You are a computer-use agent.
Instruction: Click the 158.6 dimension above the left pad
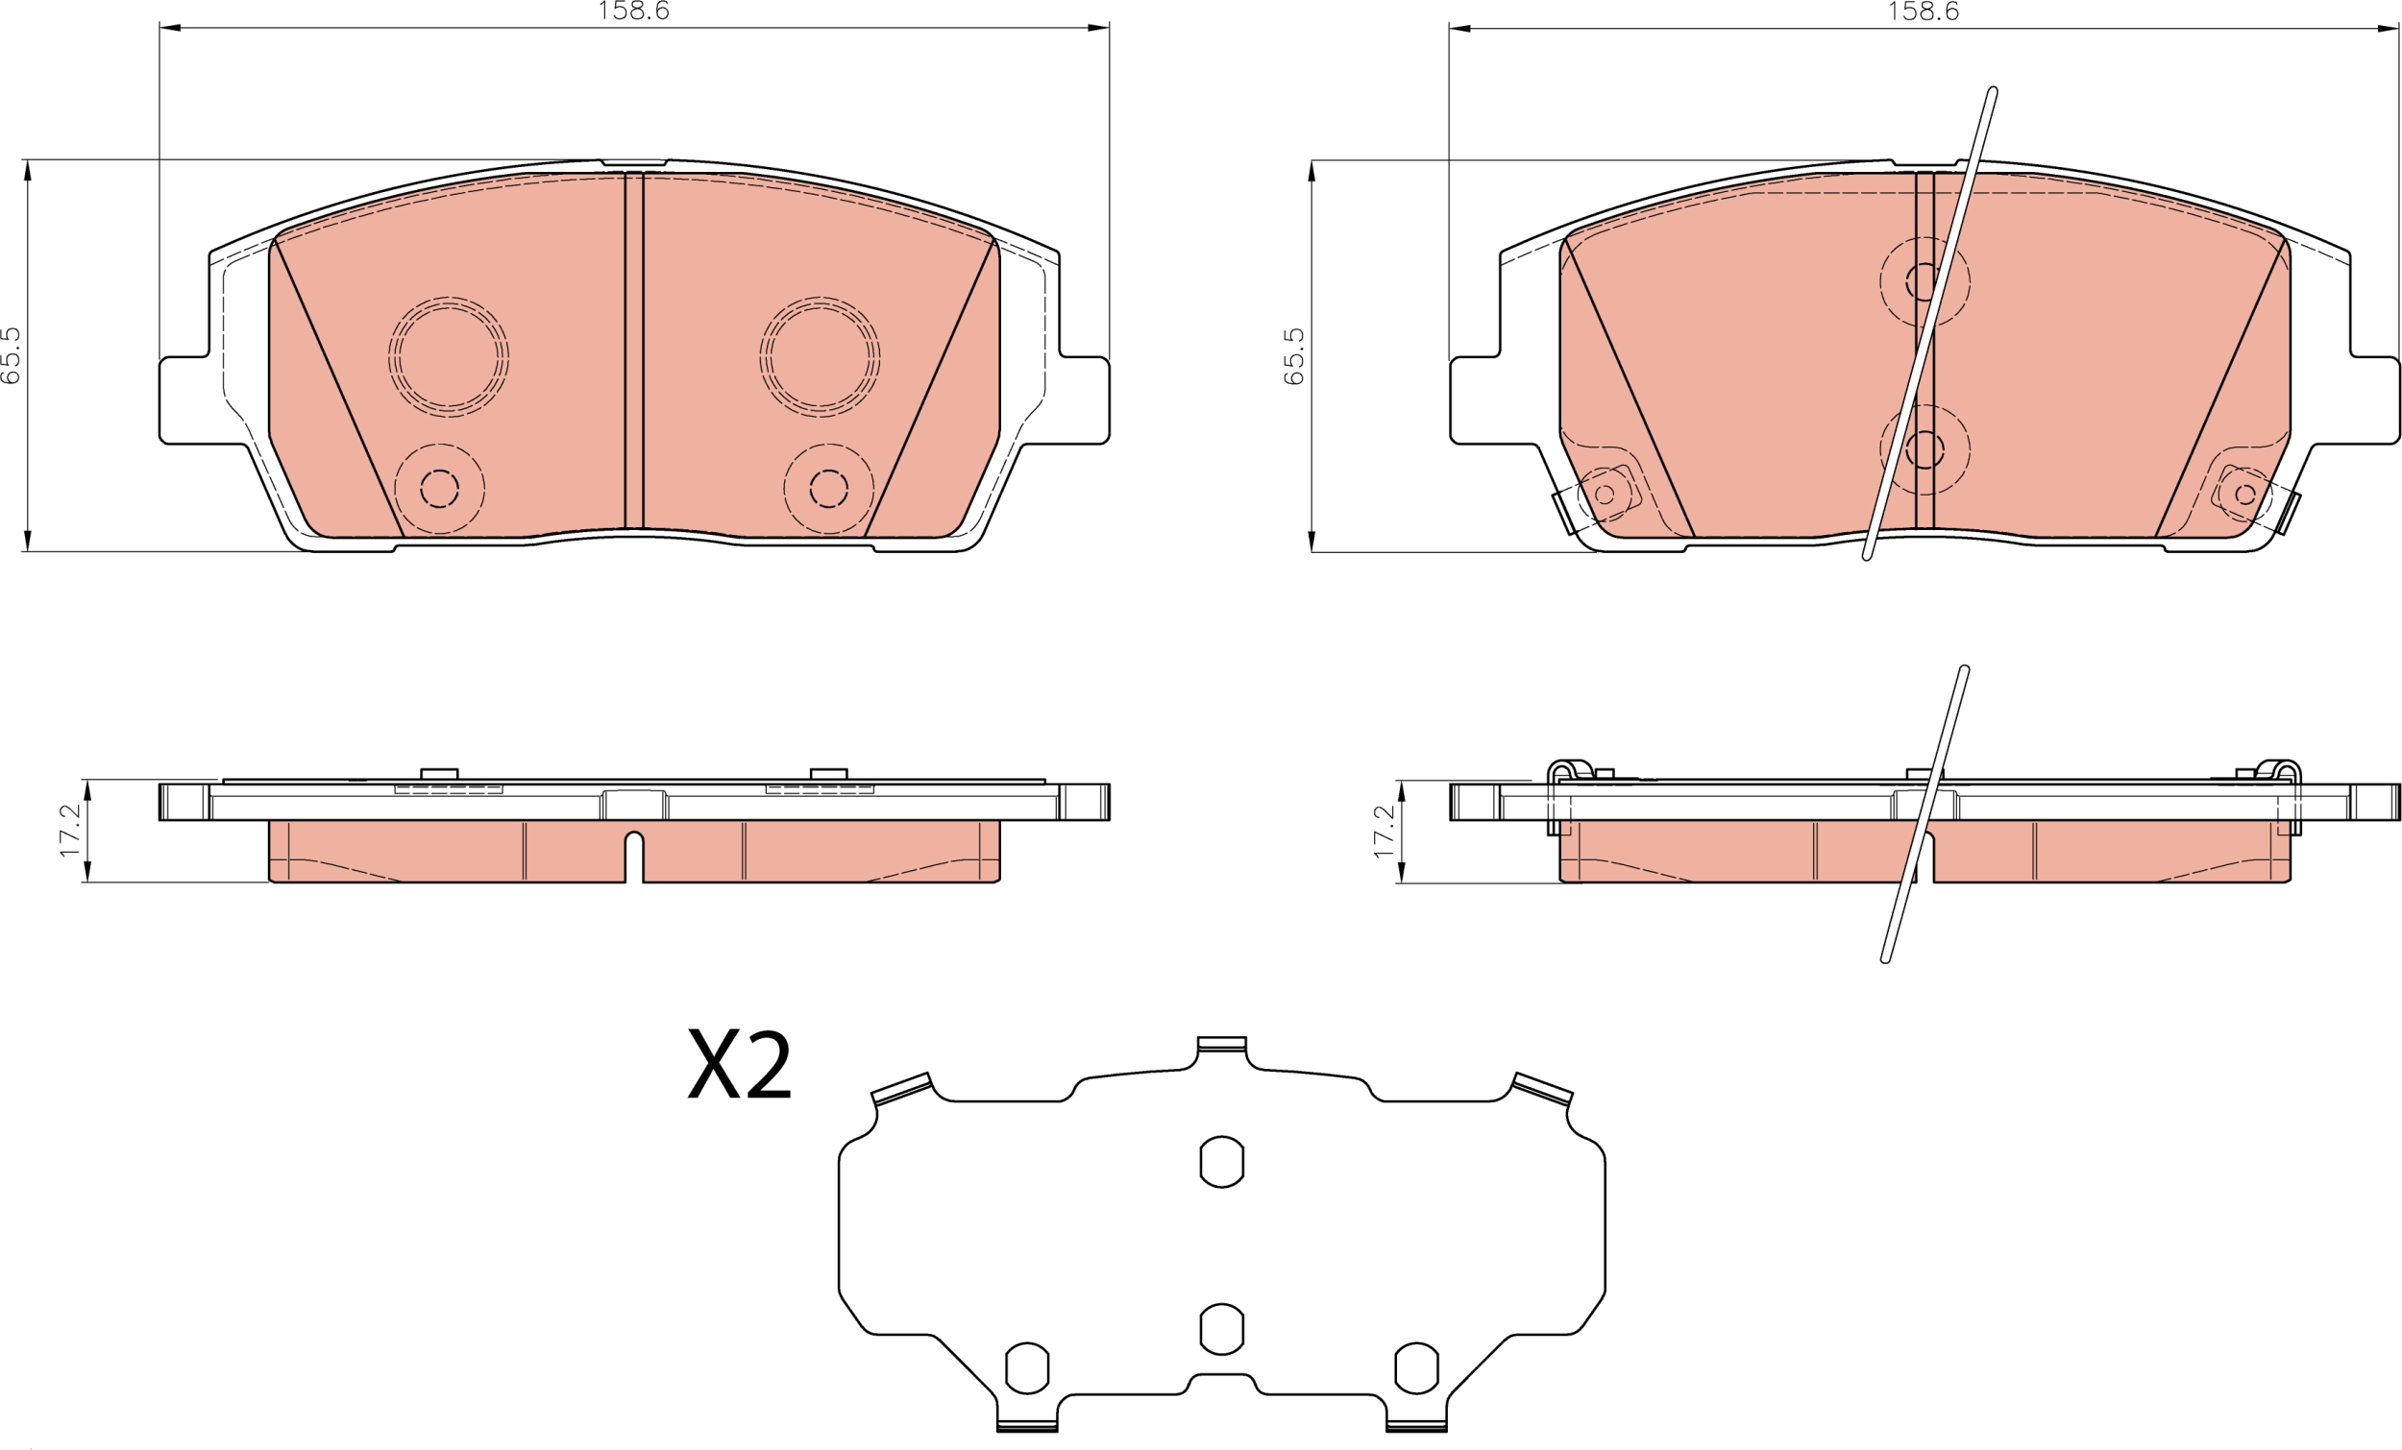pyautogui.click(x=633, y=11)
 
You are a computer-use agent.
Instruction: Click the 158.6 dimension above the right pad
pyautogui.click(x=1924, y=11)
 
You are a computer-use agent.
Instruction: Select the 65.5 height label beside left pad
pyautogui.click(x=11, y=354)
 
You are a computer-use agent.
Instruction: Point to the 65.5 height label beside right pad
pyautogui.click(x=1293, y=355)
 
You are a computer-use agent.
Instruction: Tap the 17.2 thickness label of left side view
pyautogui.click(x=69, y=831)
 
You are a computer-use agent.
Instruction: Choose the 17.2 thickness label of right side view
pyautogui.click(x=1384, y=832)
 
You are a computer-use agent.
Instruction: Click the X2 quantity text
pyautogui.click(x=740, y=1065)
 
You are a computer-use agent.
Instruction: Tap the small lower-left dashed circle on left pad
pyautogui.click(x=440, y=489)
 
